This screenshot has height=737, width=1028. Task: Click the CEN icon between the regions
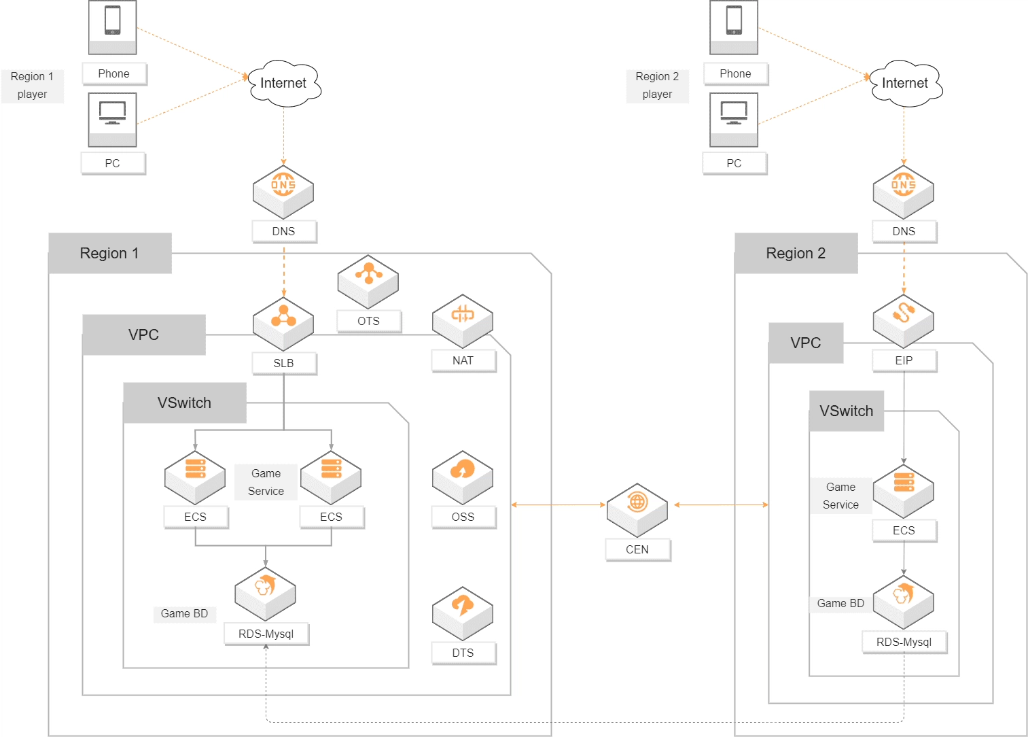(637, 510)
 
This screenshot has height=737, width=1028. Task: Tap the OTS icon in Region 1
(368, 281)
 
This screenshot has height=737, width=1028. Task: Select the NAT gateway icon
(462, 320)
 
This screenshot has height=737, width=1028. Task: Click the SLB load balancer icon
(283, 324)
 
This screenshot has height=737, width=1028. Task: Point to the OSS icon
(462, 477)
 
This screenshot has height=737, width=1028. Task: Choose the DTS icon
(462, 613)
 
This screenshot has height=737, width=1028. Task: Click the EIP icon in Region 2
(903, 320)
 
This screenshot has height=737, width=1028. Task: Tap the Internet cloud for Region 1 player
(284, 84)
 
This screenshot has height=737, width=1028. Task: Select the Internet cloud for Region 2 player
(906, 84)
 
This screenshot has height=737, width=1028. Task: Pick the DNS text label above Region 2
(904, 231)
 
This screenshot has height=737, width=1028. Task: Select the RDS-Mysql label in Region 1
(266, 634)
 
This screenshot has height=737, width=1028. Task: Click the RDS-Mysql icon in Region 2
(903, 602)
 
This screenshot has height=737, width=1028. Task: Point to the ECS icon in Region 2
(903, 490)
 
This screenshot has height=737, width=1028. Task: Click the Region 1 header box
(110, 253)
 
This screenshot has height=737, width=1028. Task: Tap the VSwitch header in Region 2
(846, 411)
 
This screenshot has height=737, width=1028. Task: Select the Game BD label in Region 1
(184, 613)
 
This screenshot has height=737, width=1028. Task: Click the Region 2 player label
(657, 86)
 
